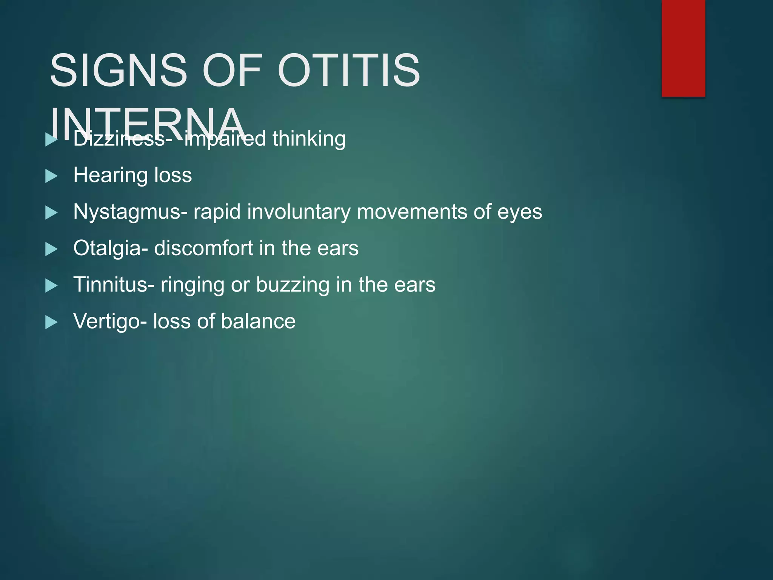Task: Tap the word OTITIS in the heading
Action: click(x=349, y=70)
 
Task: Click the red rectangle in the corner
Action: click(x=683, y=48)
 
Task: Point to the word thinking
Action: click(x=309, y=139)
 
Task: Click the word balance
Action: click(x=258, y=321)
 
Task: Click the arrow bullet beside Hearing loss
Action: click(x=51, y=176)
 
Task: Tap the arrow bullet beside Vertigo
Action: click(x=51, y=322)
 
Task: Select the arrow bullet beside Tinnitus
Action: click(x=51, y=286)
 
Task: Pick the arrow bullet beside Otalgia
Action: click(x=51, y=249)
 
